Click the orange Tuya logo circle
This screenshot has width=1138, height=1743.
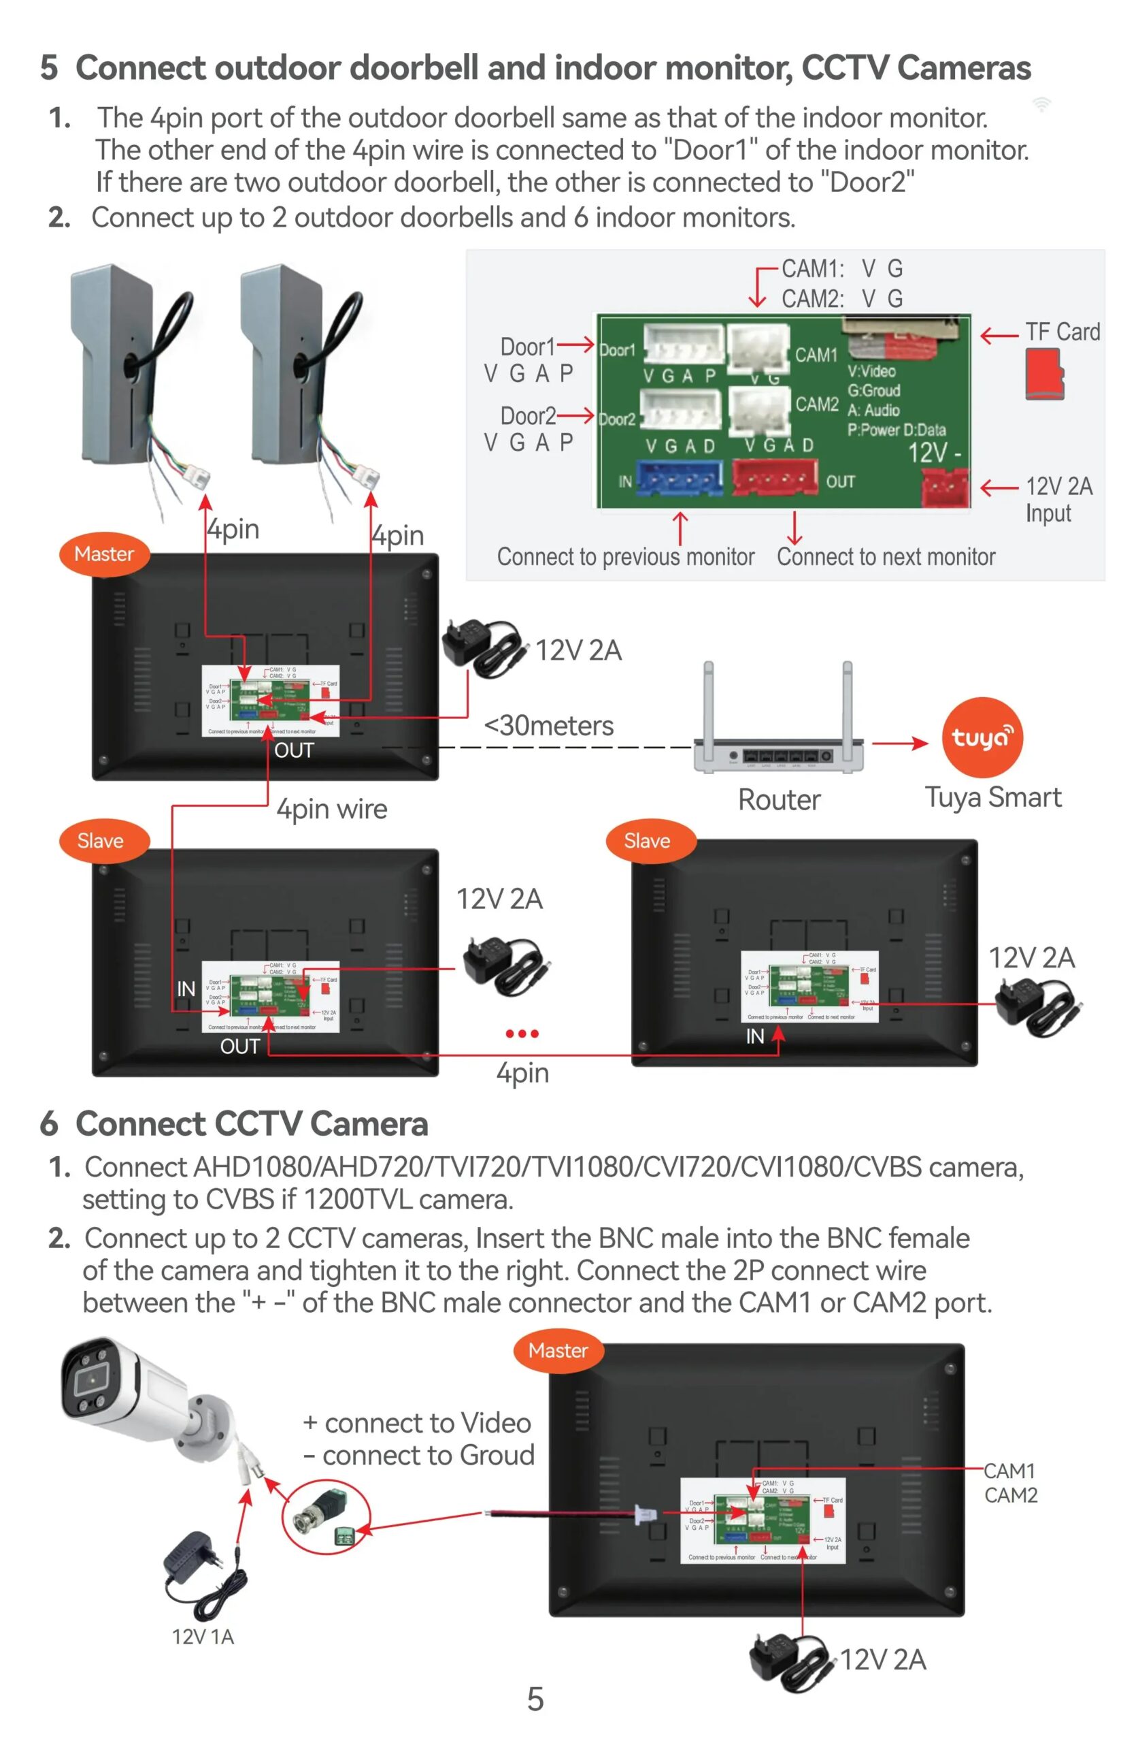coord(981,736)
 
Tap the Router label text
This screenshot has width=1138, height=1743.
coord(779,800)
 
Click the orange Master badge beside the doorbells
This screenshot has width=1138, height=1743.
coord(104,554)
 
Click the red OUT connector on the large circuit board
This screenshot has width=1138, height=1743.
coord(773,477)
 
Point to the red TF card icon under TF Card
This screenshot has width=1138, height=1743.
coord(1043,374)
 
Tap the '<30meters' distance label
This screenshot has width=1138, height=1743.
coord(549,726)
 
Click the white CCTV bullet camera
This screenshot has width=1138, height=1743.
coord(139,1392)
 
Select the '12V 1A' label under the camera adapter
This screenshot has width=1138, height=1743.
coord(203,1636)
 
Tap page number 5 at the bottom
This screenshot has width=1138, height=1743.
coord(536,1698)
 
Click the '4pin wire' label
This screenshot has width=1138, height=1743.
coord(331,810)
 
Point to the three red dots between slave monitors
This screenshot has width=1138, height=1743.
coord(522,1034)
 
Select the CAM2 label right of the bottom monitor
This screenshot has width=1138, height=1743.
coord(1011,1494)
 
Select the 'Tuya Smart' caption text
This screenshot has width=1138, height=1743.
coord(992,797)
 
